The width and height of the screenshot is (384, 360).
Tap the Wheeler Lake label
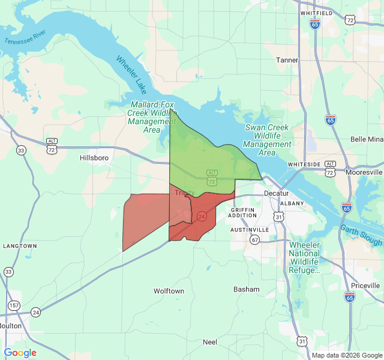tap(130, 76)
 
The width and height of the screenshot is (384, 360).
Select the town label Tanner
tap(287, 60)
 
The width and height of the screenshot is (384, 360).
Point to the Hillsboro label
tap(94, 158)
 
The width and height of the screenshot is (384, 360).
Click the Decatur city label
tap(276, 193)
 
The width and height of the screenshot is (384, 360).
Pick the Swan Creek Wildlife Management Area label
tap(268, 136)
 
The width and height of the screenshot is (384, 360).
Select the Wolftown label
tap(169, 291)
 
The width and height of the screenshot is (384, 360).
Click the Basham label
tap(247, 289)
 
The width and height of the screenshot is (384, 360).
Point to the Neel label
tap(210, 342)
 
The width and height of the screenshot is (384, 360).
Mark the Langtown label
tap(20, 246)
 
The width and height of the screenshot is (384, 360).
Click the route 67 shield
tap(255, 240)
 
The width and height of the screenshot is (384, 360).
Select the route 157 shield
tap(12, 305)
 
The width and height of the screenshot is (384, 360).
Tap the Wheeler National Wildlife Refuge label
tap(304, 258)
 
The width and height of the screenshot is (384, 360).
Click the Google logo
tap(20, 353)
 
